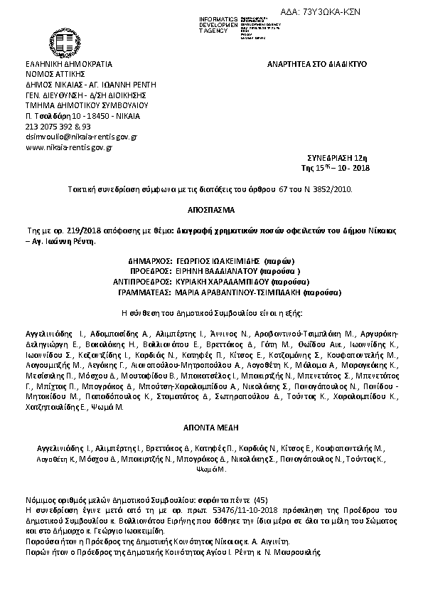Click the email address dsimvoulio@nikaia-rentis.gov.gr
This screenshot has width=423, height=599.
pos(81,136)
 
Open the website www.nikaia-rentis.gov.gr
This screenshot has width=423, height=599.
pos(69,147)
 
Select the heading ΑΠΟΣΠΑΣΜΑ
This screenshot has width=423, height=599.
pos(210,211)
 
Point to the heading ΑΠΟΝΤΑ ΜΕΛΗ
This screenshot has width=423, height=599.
pos(210,430)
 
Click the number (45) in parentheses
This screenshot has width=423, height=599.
pos(261,501)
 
